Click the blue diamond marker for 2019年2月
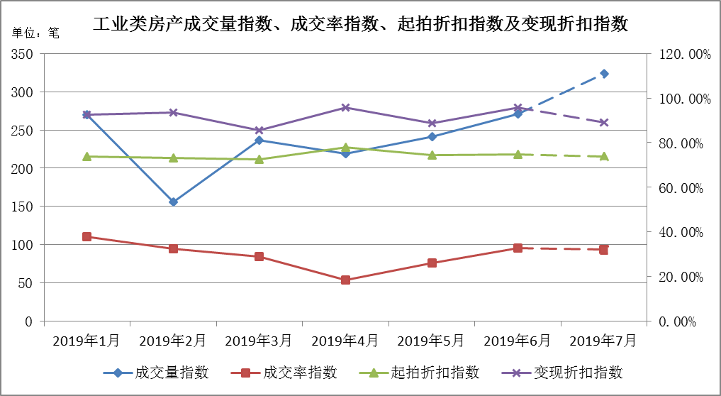click(173, 202)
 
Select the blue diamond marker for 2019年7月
click(604, 74)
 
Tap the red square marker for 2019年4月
click(345, 280)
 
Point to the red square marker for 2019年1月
click(86, 236)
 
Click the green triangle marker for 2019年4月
click(345, 148)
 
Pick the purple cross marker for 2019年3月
click(259, 131)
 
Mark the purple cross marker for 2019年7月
click(604, 123)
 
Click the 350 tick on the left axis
click(23, 55)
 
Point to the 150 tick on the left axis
click(23, 207)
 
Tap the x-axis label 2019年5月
click(431, 341)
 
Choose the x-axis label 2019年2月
click(172, 341)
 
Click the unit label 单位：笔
click(36, 33)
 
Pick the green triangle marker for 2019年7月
click(604, 156)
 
